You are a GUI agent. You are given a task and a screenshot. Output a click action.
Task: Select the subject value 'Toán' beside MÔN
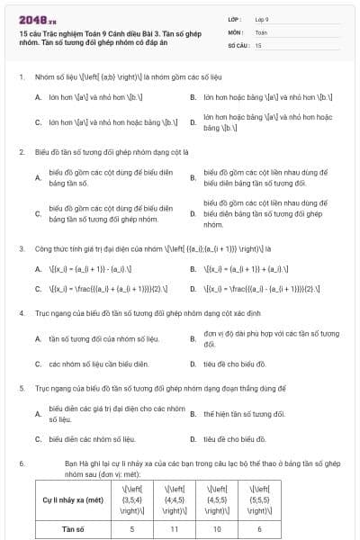261,31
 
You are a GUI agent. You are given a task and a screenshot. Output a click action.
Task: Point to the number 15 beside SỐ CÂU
258,44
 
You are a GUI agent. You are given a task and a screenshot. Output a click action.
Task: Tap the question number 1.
21,76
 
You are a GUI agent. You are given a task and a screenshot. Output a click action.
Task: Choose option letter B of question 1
193,94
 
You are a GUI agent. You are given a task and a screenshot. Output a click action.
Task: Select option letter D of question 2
193,214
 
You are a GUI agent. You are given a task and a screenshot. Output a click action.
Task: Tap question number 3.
21,247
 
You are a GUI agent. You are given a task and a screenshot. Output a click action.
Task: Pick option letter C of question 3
38,289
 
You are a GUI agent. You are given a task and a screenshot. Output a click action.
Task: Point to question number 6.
21,463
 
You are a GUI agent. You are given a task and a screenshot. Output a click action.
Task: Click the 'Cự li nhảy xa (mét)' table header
75,497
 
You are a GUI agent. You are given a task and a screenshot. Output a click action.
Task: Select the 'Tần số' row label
75,529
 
